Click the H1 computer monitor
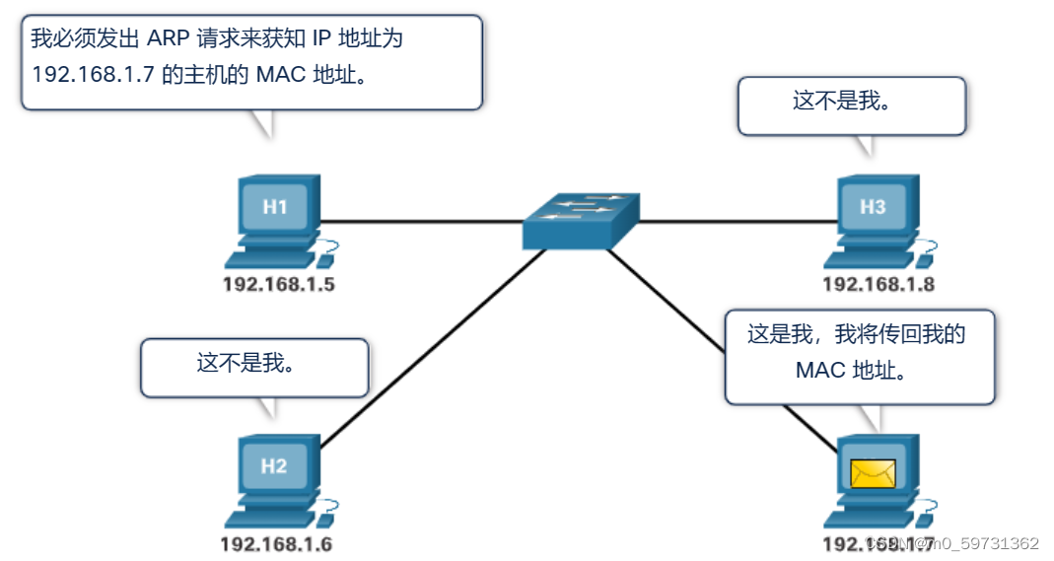pos(275,207)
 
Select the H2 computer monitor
pos(275,466)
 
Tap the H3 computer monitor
pos(873,207)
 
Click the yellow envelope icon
pos(873,474)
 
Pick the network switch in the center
pos(581,220)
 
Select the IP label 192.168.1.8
pos(878,285)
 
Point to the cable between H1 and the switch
pos(424,221)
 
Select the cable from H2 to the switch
pos(434,345)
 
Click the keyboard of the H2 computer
pos(266,518)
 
